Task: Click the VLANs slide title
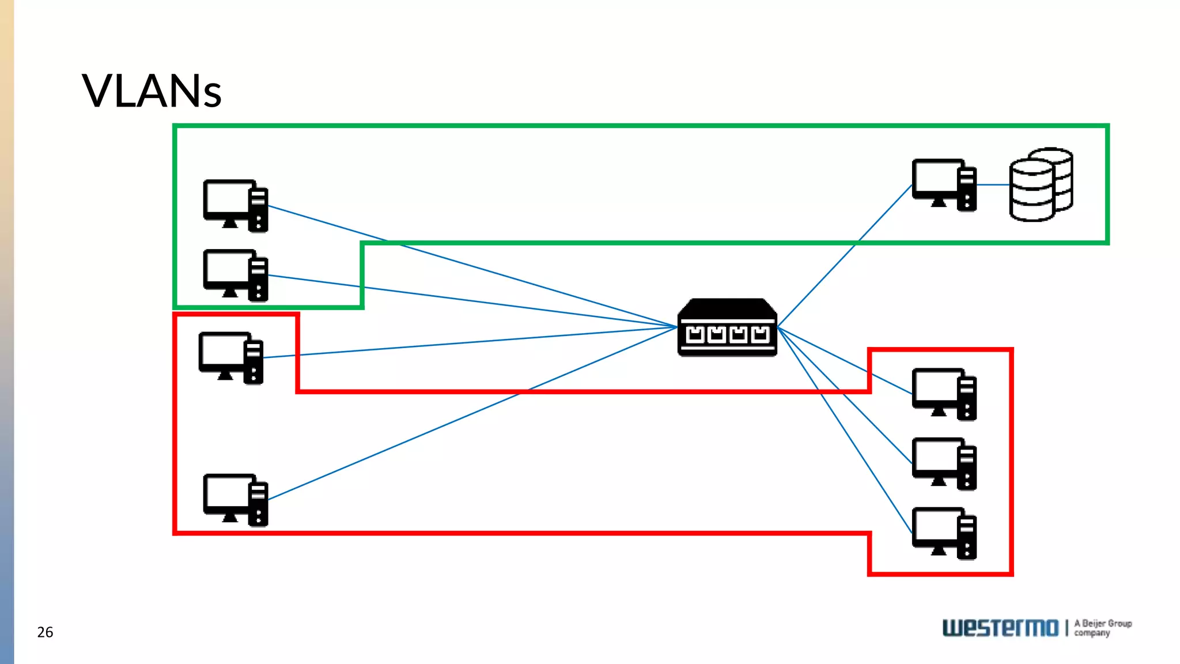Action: [152, 91]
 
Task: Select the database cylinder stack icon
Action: [1041, 185]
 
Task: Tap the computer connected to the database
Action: [944, 185]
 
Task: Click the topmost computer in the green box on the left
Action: [235, 206]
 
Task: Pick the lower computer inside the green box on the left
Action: [235, 275]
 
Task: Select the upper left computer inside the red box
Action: [230, 357]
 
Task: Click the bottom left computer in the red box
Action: [235, 500]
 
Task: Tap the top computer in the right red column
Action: [944, 394]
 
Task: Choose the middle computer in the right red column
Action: [944, 463]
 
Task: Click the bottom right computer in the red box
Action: [944, 533]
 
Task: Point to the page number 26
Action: [45, 632]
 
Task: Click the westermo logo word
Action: [1000, 628]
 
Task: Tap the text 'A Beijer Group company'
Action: [1102, 628]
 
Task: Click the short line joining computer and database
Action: [993, 185]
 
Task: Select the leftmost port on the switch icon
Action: [695, 334]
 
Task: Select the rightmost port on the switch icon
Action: [760, 334]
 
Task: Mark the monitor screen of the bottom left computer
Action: [228, 492]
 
